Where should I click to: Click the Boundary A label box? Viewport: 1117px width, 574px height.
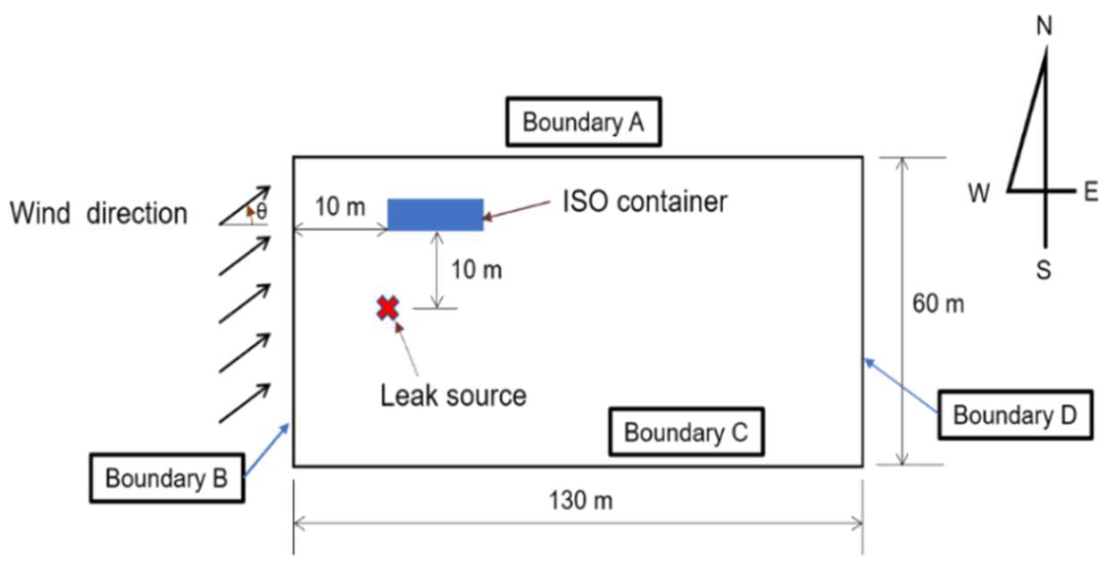583,122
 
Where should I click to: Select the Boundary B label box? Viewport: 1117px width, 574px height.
167,478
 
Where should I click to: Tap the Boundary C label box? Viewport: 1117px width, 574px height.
686,432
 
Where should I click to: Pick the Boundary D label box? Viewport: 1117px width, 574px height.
1015,415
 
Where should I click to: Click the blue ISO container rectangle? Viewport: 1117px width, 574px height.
435,215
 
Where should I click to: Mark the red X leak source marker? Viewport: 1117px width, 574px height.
387,308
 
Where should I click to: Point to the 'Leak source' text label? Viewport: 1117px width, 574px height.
453,396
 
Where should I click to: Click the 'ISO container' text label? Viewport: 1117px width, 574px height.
645,202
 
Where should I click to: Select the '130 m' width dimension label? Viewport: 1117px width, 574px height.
581,500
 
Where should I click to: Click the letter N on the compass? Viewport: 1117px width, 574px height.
1044,26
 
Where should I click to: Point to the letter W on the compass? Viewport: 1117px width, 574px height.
979,193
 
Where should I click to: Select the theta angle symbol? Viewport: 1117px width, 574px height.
262,211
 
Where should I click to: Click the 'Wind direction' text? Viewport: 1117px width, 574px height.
99,213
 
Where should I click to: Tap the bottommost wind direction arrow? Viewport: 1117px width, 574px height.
245,403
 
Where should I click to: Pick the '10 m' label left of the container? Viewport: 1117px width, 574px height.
340,207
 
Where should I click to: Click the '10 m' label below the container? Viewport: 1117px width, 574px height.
477,270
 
